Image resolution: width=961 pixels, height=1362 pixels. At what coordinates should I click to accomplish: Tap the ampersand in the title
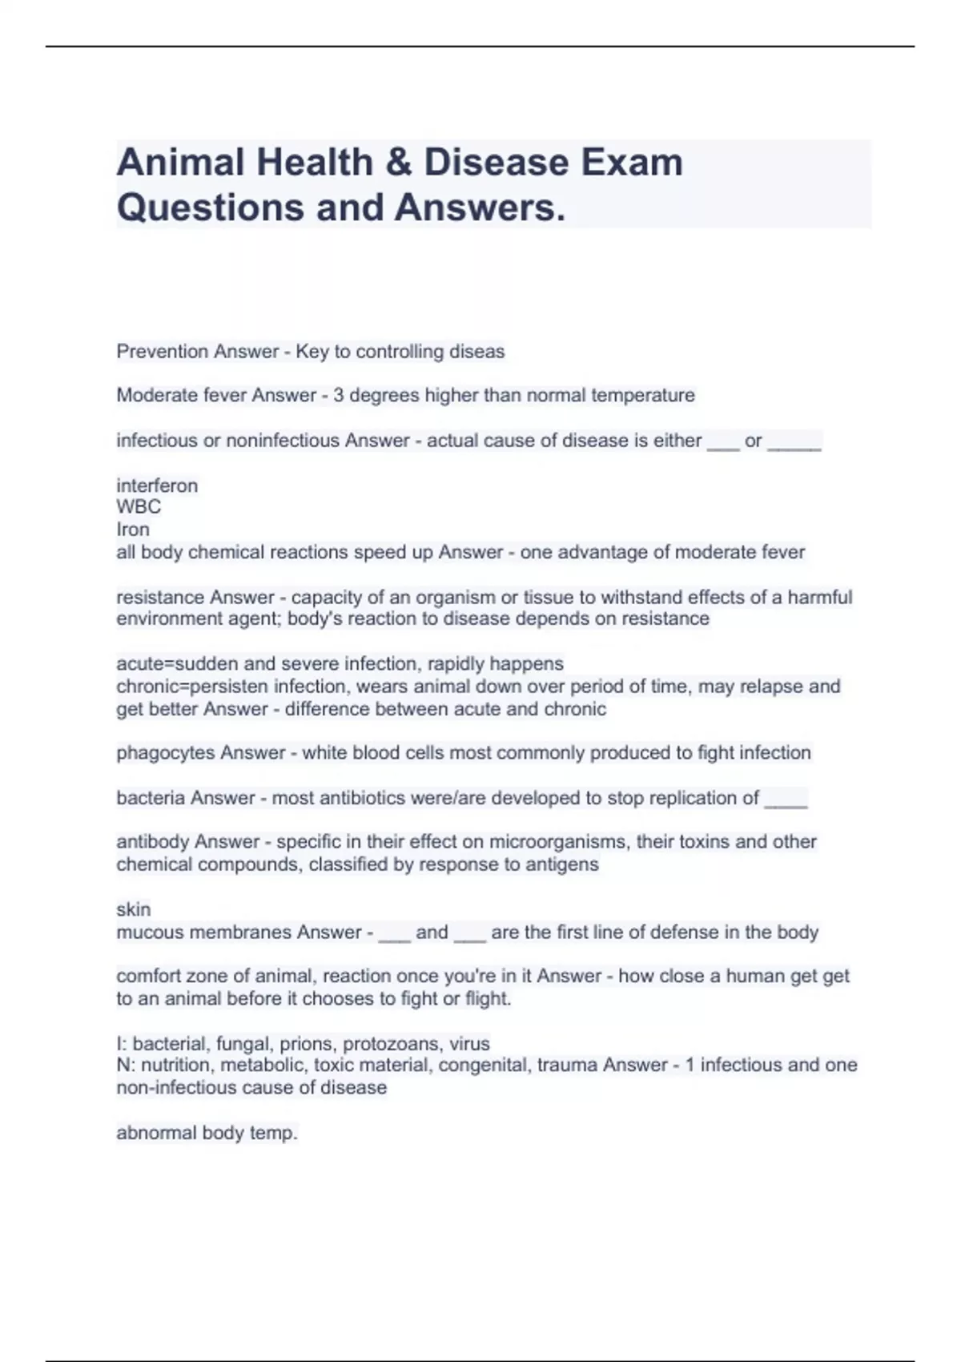397,163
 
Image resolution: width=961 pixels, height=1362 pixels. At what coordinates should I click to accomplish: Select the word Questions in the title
210,208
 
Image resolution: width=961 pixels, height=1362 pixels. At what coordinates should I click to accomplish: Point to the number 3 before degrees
338,396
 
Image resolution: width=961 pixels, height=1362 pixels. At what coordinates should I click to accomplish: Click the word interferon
157,486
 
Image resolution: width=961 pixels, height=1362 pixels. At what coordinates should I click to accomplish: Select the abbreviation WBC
139,507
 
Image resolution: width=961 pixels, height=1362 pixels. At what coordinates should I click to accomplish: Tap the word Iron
133,530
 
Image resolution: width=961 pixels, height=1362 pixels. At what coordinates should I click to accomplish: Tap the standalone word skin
133,909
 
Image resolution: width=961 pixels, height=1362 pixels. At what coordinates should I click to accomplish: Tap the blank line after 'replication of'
786,801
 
